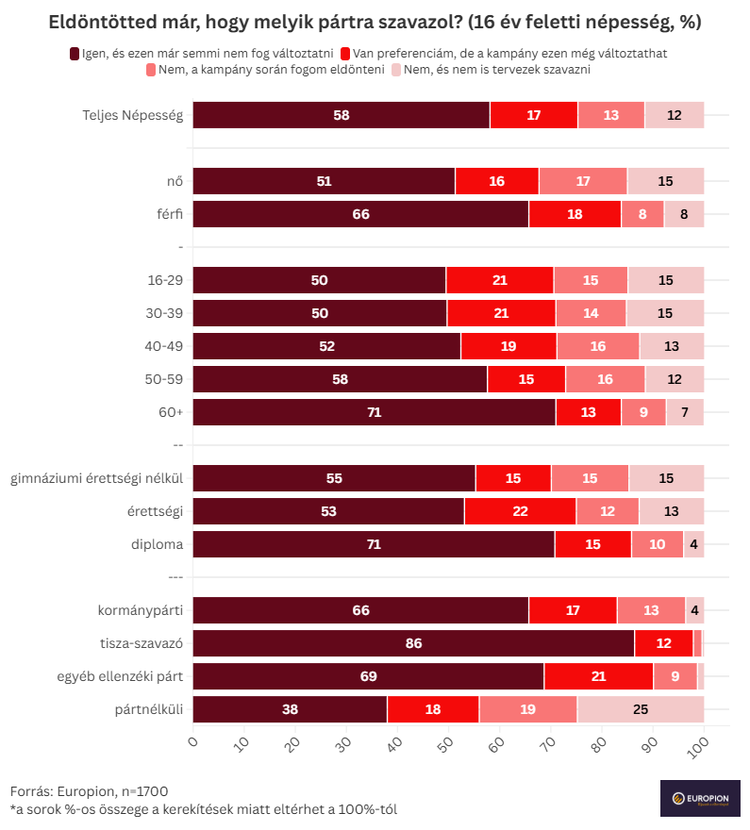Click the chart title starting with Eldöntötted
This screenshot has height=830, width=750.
point(375,22)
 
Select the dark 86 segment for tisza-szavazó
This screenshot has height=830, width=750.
point(413,644)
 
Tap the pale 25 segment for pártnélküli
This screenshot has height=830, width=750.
point(641,710)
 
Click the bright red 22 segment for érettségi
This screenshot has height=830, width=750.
point(520,512)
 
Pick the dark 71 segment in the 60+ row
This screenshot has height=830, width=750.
point(374,413)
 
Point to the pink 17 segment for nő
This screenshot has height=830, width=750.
point(582,182)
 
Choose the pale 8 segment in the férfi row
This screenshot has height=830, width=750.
point(684,215)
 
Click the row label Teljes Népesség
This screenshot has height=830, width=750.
point(132,116)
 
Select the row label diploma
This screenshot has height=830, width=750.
point(157,545)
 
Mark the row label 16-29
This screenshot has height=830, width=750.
point(164,281)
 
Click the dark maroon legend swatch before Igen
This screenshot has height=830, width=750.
point(75,54)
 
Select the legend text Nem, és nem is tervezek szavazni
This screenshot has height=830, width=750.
point(497,70)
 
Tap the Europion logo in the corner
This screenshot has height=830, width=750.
point(699,799)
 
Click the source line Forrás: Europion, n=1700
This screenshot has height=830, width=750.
point(90,791)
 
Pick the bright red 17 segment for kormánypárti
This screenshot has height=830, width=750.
point(573,611)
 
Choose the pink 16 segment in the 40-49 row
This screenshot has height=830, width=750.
point(598,347)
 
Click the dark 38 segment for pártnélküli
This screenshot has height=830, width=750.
point(290,710)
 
